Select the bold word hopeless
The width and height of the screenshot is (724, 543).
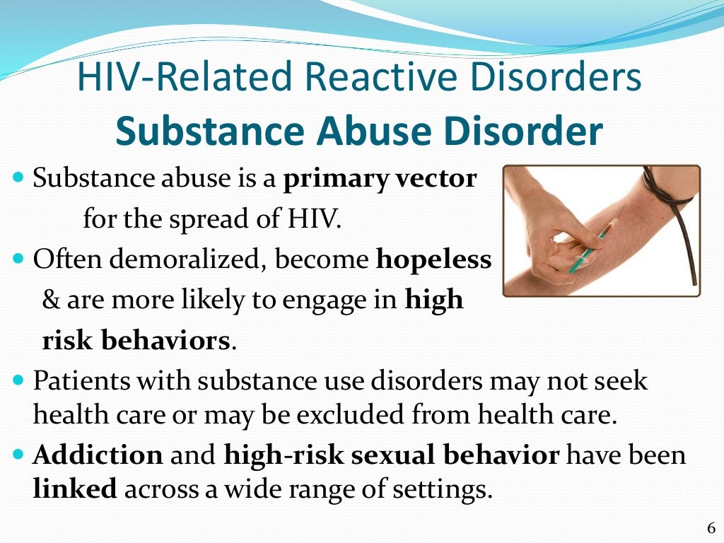click(433, 259)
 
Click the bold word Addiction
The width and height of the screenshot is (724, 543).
click(98, 454)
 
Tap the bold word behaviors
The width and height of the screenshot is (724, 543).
click(163, 340)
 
